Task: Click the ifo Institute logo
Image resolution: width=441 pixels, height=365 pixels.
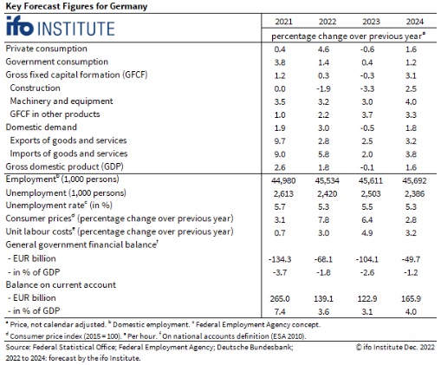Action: point(60,27)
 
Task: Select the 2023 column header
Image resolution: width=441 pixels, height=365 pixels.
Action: point(371,22)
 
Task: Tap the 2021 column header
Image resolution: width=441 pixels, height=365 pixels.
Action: point(283,22)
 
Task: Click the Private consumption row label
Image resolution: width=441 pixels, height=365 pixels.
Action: point(46,49)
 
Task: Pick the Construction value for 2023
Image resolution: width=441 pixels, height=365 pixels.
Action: point(367,88)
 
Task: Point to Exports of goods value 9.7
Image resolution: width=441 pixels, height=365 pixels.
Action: point(280,141)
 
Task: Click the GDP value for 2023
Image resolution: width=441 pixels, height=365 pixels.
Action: point(367,167)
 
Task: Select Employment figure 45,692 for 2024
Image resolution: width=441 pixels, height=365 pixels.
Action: point(414,181)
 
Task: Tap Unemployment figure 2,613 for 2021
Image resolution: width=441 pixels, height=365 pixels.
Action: point(283,193)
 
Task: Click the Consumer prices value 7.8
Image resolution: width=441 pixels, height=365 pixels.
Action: point(323,220)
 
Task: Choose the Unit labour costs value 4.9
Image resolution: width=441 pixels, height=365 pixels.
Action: point(367,233)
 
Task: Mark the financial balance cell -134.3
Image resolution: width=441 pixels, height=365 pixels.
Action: point(280,259)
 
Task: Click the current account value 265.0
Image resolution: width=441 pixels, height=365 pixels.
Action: point(280,298)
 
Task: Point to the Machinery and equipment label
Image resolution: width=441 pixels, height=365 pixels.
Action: point(62,101)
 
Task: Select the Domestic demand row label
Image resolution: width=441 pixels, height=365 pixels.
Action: point(42,127)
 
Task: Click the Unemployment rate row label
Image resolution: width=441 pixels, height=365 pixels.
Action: point(59,205)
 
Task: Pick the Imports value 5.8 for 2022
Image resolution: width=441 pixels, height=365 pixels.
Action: point(323,154)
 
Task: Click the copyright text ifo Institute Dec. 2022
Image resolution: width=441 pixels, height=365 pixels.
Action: point(395,347)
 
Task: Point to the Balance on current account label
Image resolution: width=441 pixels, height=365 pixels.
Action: point(61,284)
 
